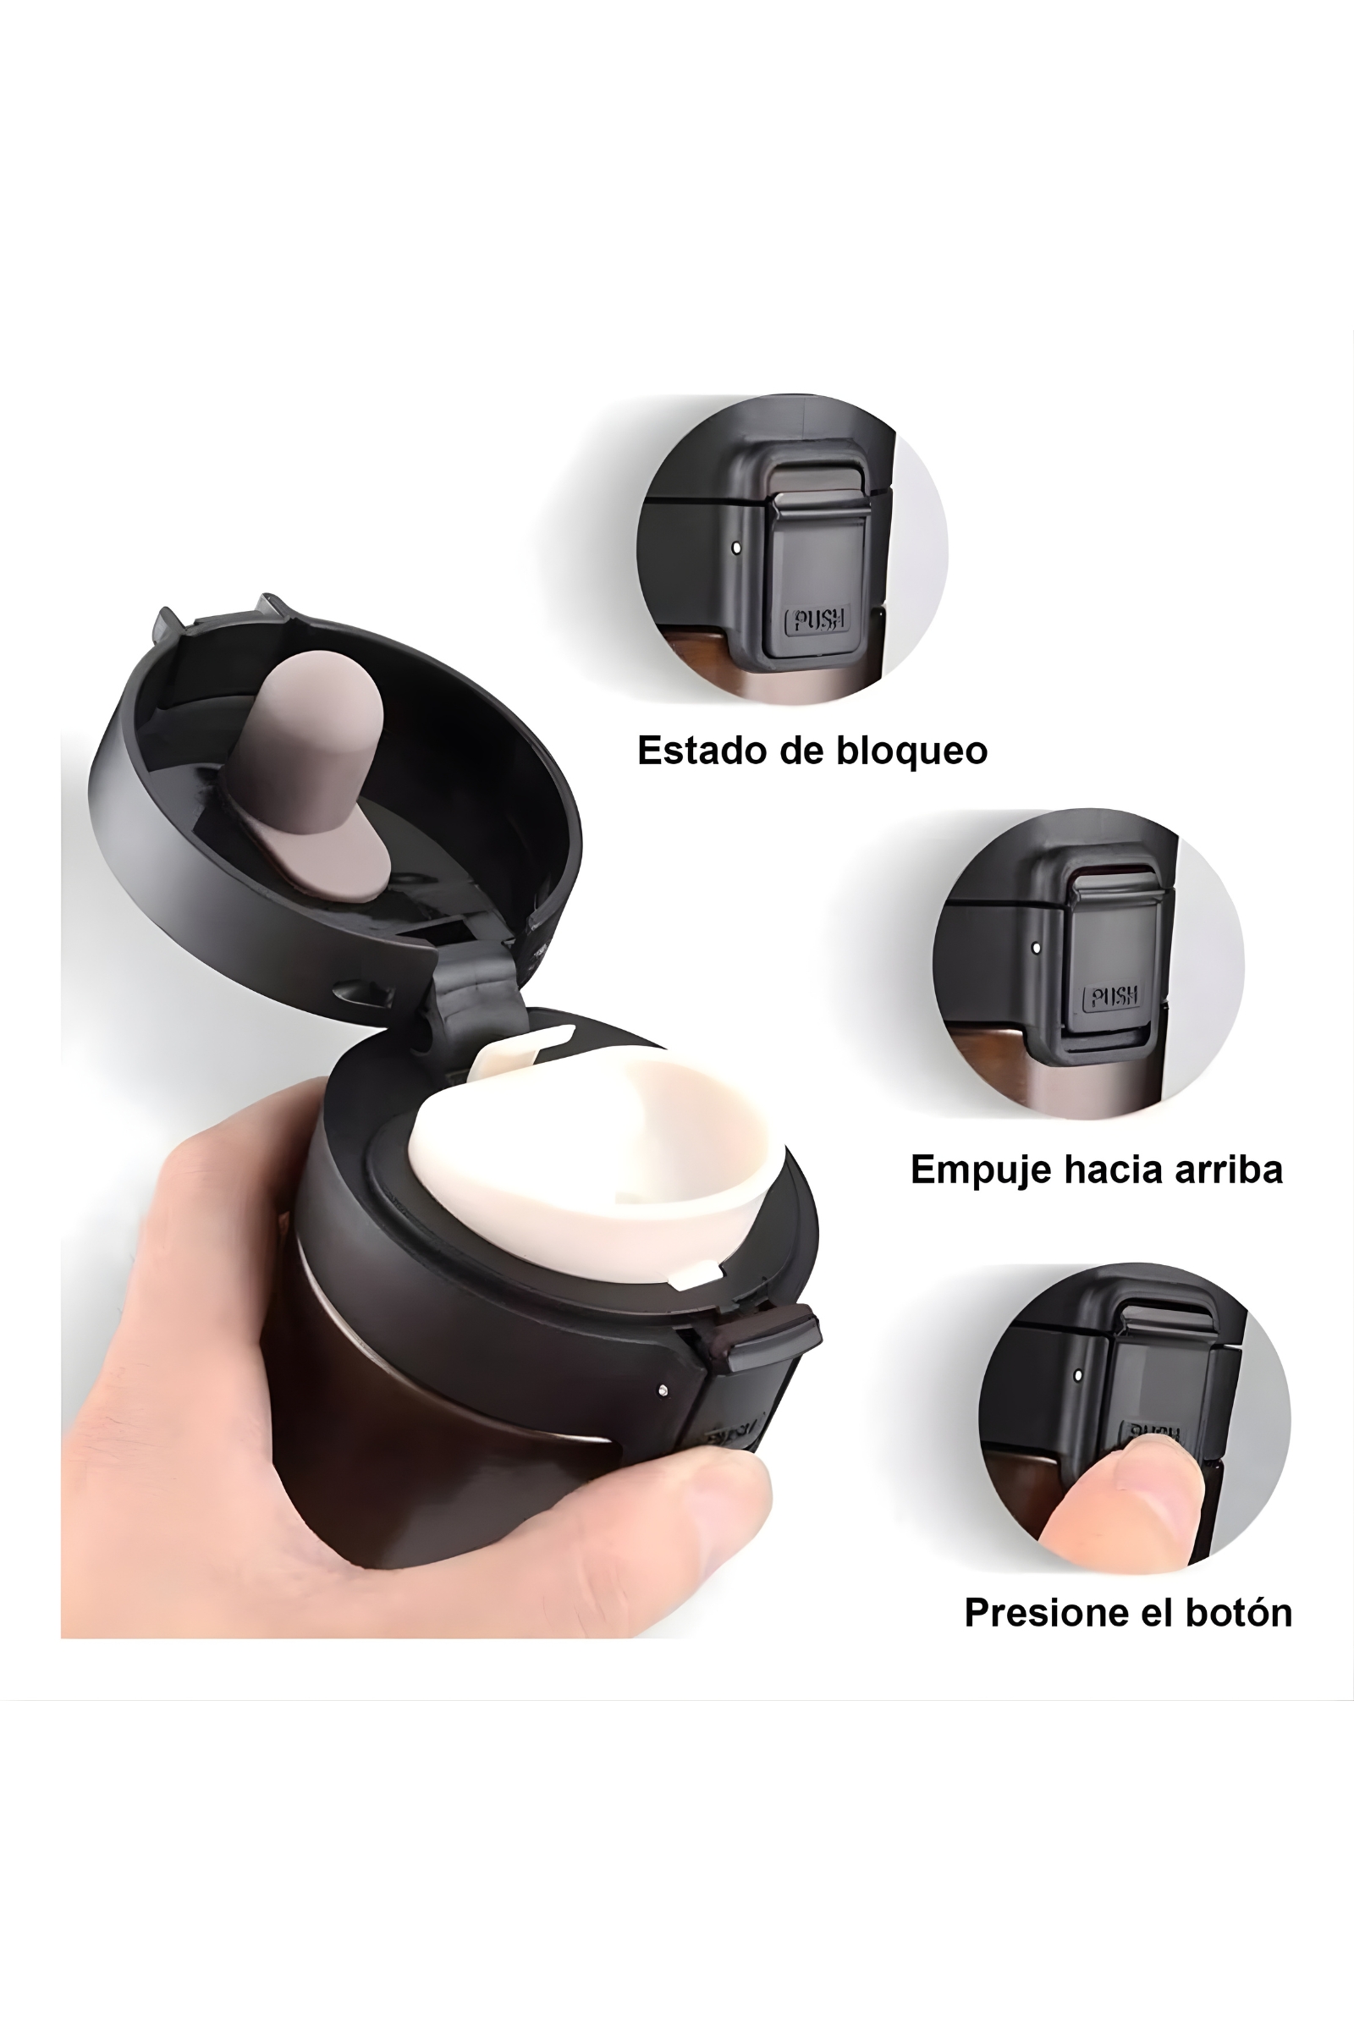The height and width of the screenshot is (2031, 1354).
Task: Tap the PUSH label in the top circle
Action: [x=817, y=619]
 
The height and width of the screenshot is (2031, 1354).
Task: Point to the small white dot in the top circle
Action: [x=735, y=548]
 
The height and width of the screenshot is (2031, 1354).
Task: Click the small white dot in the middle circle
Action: [x=1036, y=947]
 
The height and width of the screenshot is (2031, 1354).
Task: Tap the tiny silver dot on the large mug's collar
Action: [x=663, y=1390]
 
